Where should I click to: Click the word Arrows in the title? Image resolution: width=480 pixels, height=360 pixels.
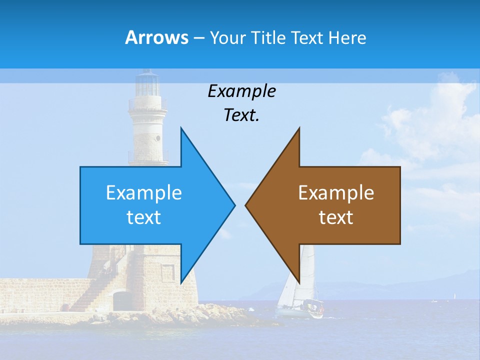click(156, 37)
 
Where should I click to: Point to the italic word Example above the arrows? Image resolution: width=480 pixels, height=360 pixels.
click(241, 91)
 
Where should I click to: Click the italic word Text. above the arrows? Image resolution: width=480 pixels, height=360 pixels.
click(241, 115)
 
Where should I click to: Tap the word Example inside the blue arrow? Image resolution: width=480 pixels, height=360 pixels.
click(144, 193)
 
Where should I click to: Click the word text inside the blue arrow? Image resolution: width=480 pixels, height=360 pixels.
click(144, 217)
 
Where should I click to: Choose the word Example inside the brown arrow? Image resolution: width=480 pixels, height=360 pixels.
click(336, 193)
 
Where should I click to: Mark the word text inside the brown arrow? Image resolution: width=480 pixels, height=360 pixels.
click(336, 217)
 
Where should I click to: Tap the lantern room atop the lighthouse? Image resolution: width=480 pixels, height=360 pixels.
click(147, 84)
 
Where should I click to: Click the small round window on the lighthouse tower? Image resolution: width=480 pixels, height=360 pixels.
click(158, 137)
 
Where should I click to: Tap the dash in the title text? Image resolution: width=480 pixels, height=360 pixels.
click(198, 38)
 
